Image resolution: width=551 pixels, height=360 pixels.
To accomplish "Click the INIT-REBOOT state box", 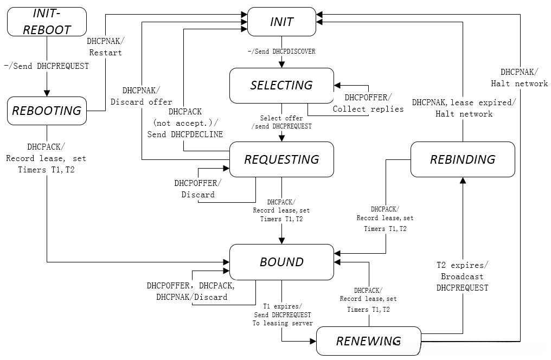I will pyautogui.click(x=47, y=22).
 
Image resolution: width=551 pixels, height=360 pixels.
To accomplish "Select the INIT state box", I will pyautogui.click(x=281, y=22).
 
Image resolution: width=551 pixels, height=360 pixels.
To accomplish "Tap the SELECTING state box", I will pyautogui.click(x=281, y=85).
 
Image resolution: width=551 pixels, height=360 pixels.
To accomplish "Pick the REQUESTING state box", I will pyautogui.click(x=281, y=159).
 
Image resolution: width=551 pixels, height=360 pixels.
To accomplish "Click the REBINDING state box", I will pyautogui.click(x=462, y=159).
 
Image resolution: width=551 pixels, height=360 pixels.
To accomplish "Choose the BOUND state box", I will pyautogui.click(x=281, y=262).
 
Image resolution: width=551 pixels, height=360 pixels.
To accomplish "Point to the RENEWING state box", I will pyautogui.click(x=368, y=341).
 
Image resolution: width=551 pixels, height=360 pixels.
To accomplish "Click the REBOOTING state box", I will pyautogui.click(x=47, y=111).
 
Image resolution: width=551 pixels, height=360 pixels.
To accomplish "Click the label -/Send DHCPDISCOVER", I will pyautogui.click(x=281, y=52).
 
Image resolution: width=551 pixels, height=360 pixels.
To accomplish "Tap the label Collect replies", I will pyautogui.click(x=368, y=109).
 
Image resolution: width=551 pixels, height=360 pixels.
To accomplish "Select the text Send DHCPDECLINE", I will pyautogui.click(x=185, y=134).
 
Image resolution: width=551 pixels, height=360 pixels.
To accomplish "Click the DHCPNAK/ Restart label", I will pyautogui.click(x=105, y=47).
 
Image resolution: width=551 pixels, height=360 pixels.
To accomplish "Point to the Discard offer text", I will pyautogui.click(x=142, y=102).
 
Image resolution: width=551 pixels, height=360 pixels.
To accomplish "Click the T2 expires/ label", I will pyautogui.click(x=462, y=265).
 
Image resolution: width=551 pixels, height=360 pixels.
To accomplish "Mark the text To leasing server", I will pyautogui.click(x=282, y=323).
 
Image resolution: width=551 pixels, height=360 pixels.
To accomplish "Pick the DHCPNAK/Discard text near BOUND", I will pyautogui.click(x=192, y=297).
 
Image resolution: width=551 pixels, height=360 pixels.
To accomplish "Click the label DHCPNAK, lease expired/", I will pyautogui.click(x=464, y=102).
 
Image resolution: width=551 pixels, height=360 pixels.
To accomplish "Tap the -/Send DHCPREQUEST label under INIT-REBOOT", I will pyautogui.click(x=47, y=66).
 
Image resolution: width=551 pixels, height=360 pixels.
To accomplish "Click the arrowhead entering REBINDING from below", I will pyautogui.click(x=462, y=181).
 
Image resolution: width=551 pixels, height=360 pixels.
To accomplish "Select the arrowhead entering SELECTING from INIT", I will pyautogui.click(x=281, y=65).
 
